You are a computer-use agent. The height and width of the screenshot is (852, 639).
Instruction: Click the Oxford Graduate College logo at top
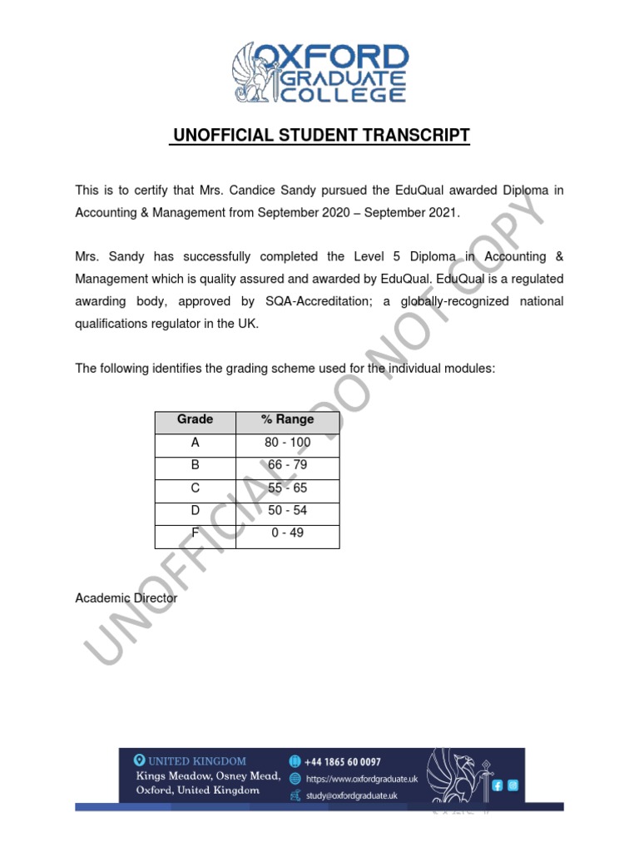tap(319, 73)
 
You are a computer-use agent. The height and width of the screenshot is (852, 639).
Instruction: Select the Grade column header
tap(196, 420)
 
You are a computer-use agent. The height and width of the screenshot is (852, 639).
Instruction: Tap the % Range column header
tap(288, 420)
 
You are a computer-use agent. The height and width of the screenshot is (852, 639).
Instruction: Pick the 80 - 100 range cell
tap(288, 443)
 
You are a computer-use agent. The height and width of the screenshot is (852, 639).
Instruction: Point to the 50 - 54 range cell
tap(288, 511)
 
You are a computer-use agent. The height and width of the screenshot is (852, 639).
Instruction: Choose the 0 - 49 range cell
tap(288, 533)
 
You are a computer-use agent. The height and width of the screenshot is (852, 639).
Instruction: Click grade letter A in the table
tap(196, 443)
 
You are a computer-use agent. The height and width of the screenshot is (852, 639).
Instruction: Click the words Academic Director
tap(126, 598)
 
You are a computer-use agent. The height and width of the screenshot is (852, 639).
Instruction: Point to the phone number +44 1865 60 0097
tap(343, 761)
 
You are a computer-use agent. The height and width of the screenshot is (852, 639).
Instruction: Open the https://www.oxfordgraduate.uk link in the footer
tap(361, 779)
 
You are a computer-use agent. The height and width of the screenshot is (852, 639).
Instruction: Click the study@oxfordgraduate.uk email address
tap(351, 796)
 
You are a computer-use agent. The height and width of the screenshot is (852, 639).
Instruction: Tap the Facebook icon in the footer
tap(498, 785)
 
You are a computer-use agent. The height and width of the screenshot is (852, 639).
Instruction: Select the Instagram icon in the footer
tap(513, 785)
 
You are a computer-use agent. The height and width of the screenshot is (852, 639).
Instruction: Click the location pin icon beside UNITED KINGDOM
tap(140, 760)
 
